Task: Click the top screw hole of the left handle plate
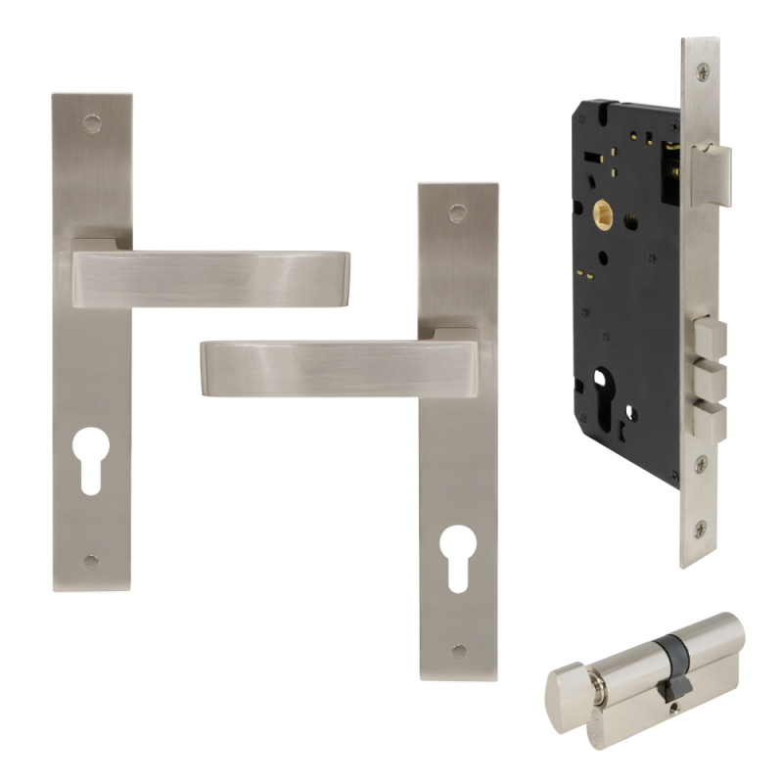(91, 121)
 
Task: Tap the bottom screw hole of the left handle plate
(91, 562)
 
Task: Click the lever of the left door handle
(210, 278)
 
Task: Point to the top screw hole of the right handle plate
(456, 210)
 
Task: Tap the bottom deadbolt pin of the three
(713, 419)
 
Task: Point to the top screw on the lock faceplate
(701, 71)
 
